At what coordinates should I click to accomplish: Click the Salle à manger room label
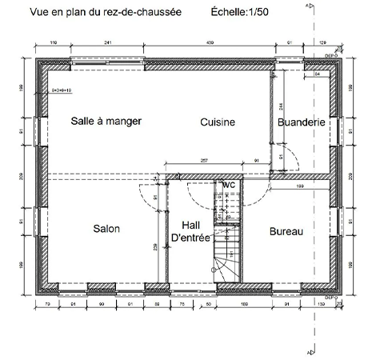tap(106, 122)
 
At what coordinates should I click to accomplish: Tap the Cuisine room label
tap(217, 122)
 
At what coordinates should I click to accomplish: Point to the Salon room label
tap(106, 229)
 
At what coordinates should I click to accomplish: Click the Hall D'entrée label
tap(190, 231)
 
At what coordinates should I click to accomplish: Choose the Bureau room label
tap(286, 231)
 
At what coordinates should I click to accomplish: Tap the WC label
tap(229, 185)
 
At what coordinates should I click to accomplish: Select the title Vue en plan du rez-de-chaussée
tap(105, 13)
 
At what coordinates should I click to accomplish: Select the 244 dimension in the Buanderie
tap(281, 107)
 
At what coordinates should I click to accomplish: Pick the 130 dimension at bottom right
tap(322, 305)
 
